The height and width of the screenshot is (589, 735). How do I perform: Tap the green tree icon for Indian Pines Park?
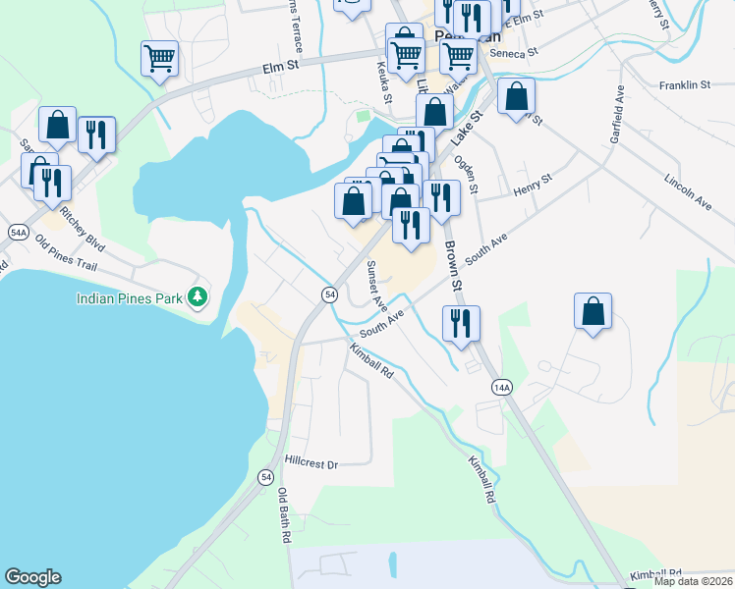(x=198, y=295)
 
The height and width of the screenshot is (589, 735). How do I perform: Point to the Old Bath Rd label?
(x=285, y=515)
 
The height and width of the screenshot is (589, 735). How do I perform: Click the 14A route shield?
(x=502, y=388)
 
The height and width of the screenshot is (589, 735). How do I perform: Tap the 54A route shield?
(x=18, y=232)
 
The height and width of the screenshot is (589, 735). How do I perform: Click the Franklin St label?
(x=685, y=85)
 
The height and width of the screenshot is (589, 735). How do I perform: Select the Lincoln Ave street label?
(x=687, y=191)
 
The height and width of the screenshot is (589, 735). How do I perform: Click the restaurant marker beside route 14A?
(x=461, y=323)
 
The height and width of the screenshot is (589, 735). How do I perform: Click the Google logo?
(x=32, y=577)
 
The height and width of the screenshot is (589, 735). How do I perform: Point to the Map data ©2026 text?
(x=693, y=581)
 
